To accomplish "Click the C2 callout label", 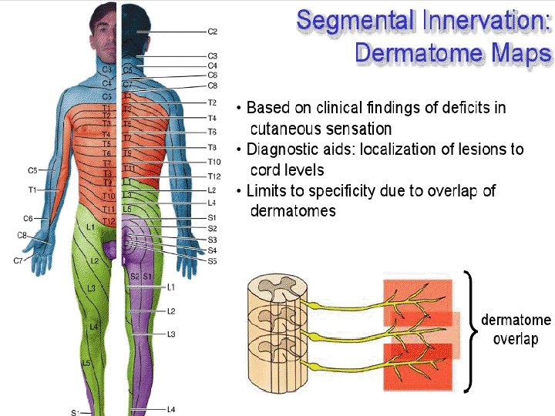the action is [x=213, y=32].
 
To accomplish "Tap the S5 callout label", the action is [x=213, y=262].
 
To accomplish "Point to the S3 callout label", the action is [x=213, y=240].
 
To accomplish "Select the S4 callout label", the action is [x=213, y=251].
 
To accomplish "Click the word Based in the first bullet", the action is [x=267, y=107].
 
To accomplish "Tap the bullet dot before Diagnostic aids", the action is [x=240, y=149].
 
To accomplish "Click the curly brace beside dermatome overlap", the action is [x=469, y=331].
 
